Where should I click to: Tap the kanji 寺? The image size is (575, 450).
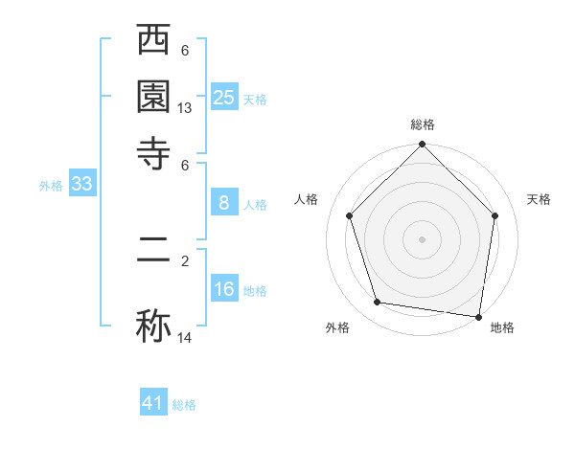click(x=153, y=151)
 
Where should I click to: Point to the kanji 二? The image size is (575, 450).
click(x=153, y=259)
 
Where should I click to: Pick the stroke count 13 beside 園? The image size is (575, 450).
click(x=185, y=108)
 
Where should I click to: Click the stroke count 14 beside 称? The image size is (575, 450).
click(x=185, y=338)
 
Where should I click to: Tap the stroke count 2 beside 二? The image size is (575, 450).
click(x=185, y=259)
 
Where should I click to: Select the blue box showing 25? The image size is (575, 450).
click(x=224, y=97)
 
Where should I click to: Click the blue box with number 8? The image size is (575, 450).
click(x=224, y=203)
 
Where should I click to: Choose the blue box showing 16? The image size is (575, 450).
click(x=224, y=289)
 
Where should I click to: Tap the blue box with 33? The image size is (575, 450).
click(x=81, y=185)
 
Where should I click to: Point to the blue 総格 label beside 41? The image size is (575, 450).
click(x=184, y=405)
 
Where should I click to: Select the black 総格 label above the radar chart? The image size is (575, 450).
click(x=422, y=124)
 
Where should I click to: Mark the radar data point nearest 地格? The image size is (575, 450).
click(x=478, y=316)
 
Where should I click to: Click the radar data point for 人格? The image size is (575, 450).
click(x=349, y=215)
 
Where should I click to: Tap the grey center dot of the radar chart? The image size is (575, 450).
click(x=422, y=238)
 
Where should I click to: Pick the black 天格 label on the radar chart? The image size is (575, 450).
click(x=540, y=199)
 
